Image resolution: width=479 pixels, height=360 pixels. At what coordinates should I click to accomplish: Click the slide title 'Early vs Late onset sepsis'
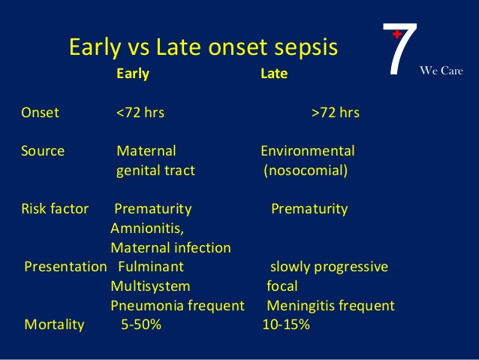[203, 47]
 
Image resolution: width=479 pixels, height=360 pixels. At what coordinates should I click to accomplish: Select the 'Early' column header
[133, 74]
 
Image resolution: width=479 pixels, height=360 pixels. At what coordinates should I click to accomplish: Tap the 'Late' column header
[274, 74]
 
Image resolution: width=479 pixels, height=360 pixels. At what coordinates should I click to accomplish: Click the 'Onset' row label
[40, 113]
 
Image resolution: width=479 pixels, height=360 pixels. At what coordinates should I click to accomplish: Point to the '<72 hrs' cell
[140, 113]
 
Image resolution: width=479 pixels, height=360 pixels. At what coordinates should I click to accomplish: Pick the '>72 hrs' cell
[335, 113]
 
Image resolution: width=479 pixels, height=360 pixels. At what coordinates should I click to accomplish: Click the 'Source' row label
[43, 151]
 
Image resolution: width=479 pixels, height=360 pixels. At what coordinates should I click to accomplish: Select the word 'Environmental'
[307, 151]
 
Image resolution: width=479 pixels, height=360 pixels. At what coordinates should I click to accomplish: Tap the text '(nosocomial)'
[306, 171]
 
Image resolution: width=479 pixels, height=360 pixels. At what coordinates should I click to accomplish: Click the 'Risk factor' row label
[55, 209]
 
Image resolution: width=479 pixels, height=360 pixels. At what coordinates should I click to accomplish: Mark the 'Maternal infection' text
[170, 247]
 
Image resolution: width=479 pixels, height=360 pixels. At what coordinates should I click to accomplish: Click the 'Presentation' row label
[65, 267]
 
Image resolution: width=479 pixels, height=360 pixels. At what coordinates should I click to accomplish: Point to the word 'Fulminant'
[151, 267]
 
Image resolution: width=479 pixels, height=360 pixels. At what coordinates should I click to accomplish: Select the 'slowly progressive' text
[329, 267]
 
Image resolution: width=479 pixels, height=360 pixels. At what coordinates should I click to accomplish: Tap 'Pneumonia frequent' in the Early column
[177, 306]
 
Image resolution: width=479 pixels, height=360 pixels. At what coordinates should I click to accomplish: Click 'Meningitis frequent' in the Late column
[330, 306]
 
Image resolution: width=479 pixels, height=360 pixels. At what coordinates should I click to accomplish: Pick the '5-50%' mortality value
[141, 325]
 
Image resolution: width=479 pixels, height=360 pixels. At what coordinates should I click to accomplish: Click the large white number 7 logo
[399, 50]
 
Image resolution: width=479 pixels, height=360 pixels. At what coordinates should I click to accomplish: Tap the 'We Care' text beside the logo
[441, 71]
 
